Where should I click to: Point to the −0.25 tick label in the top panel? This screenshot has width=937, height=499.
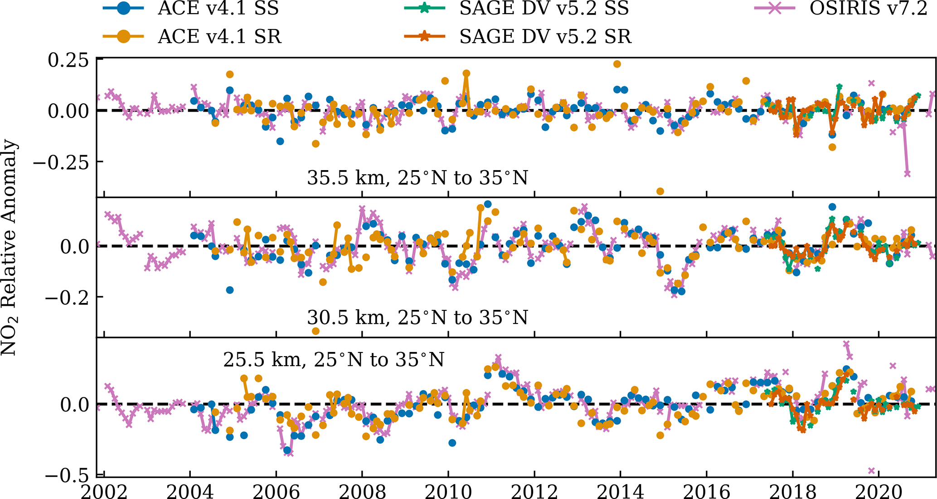(61, 162)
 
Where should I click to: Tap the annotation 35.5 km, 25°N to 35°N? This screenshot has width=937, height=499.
(418, 178)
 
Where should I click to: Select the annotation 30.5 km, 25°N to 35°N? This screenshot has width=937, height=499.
(418, 318)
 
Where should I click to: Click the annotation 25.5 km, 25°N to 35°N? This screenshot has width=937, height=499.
(334, 360)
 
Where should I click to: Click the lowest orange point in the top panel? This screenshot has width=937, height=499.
(660, 191)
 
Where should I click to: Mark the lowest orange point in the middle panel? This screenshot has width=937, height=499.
(316, 331)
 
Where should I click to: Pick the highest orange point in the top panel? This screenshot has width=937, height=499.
(617, 64)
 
